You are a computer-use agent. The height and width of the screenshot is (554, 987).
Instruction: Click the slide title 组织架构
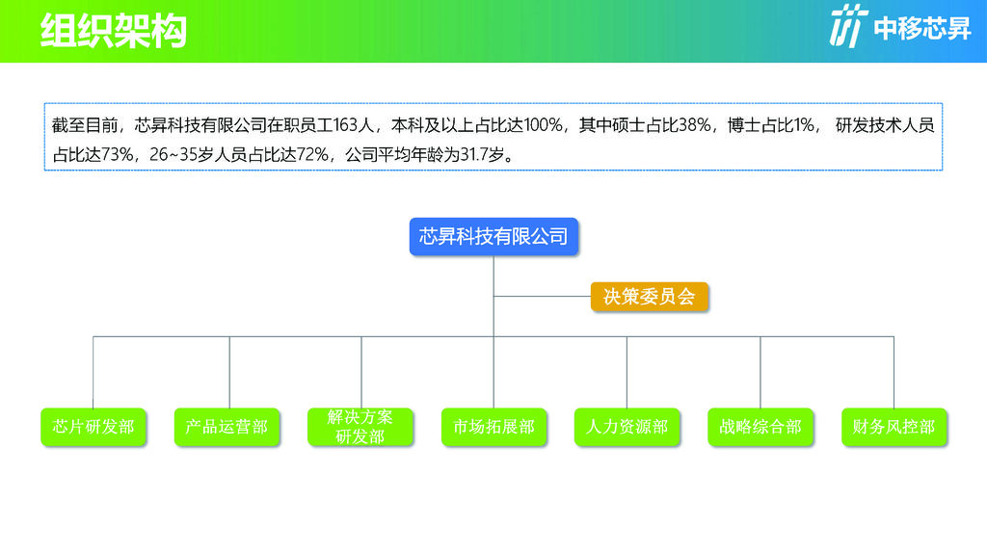(114, 30)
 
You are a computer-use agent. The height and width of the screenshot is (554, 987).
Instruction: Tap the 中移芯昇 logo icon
(848, 25)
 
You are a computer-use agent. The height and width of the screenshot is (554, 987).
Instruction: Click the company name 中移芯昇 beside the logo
(922, 28)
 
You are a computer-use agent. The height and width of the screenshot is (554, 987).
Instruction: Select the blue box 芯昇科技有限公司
(493, 237)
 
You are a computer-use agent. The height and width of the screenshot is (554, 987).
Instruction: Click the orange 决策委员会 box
(649, 297)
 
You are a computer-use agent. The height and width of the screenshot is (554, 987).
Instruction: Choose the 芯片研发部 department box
(93, 427)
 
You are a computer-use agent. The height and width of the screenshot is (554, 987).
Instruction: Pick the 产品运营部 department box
(227, 427)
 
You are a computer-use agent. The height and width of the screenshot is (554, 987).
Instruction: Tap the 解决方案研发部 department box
(360, 427)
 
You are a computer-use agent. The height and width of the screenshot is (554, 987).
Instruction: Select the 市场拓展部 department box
(493, 427)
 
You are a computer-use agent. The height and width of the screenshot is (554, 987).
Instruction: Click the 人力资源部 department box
(627, 427)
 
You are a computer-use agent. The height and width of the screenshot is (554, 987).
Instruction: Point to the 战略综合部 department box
(760, 427)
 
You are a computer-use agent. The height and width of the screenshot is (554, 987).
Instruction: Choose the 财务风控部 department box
(894, 427)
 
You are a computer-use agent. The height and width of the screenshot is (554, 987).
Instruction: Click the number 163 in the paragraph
(345, 125)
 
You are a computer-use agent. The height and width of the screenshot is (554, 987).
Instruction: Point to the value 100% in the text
(543, 125)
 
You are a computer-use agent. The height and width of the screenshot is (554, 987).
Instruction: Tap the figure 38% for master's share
(695, 125)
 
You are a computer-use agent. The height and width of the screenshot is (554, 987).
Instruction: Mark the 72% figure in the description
(312, 154)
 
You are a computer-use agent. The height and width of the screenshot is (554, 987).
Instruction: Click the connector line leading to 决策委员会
(542, 296)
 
